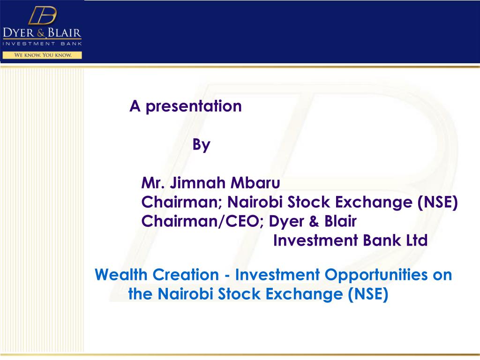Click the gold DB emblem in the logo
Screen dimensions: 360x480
(42, 16)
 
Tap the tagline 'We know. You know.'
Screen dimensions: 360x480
(42, 55)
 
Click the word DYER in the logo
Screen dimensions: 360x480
(21, 34)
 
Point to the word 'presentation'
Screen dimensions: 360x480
(193, 106)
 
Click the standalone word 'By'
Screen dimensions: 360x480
(202, 145)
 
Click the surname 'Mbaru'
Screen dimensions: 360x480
(253, 182)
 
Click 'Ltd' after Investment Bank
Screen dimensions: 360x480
(417, 240)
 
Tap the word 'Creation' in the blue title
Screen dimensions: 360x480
(190, 274)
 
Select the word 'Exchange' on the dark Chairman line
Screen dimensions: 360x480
(375, 202)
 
